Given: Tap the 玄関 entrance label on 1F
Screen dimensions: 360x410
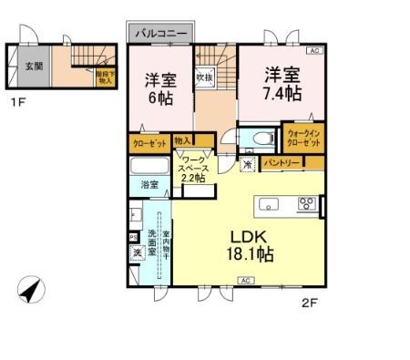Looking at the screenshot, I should click(33, 65).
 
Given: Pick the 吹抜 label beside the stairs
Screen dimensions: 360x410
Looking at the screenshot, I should click(204, 77).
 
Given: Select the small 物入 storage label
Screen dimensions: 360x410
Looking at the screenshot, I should click(182, 141).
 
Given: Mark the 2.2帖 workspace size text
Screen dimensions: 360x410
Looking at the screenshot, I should click(192, 179).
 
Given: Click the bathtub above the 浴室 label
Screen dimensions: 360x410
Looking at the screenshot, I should click(149, 168).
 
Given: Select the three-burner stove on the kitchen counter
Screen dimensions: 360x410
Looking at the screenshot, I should click(306, 203).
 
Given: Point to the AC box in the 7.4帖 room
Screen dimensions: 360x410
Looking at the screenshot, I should click(313, 51).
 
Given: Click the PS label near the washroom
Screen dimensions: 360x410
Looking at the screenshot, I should click(133, 238).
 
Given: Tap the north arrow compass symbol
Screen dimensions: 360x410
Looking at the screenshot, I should click(29, 292).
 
